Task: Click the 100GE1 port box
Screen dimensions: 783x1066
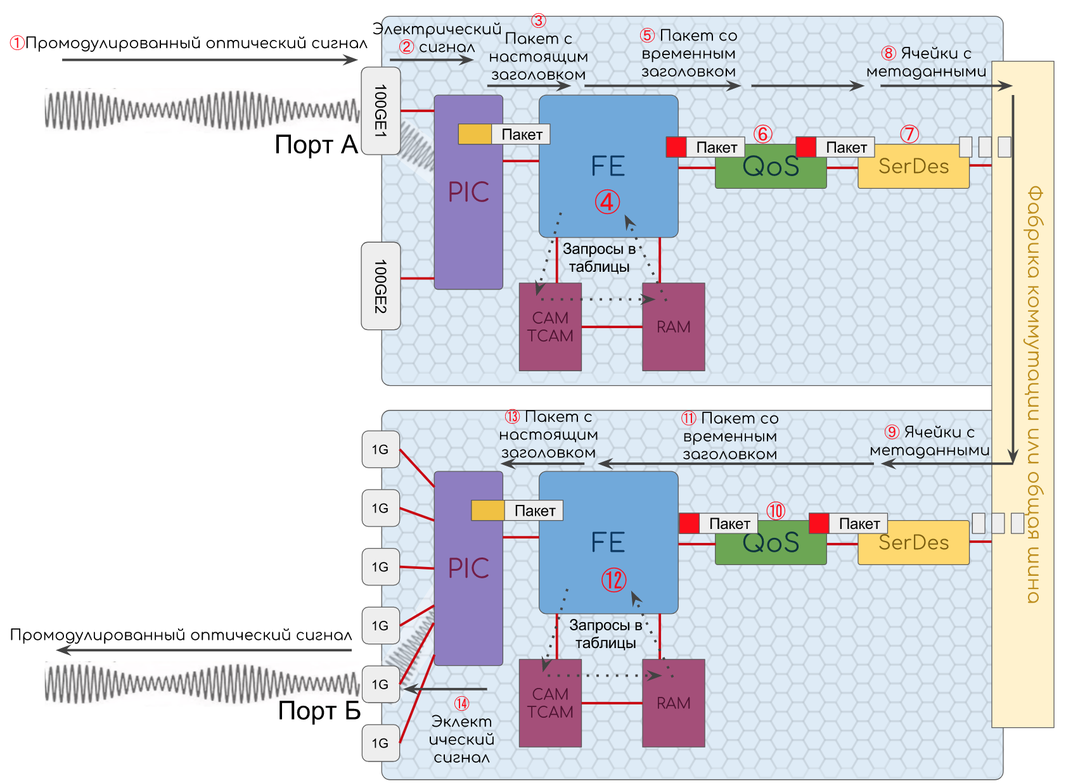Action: tap(380, 111)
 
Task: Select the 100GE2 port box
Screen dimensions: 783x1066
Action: tap(380, 286)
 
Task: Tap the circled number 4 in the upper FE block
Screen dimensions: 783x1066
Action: tap(607, 202)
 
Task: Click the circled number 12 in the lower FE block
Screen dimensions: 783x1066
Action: tap(613, 580)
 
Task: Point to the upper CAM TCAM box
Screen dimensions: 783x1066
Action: tap(550, 327)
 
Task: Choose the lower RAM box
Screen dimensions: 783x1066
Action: tap(673, 703)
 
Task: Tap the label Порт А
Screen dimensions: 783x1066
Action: tap(316, 145)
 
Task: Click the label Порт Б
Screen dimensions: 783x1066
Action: tap(319, 711)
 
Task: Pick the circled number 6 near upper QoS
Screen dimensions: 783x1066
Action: tap(763, 134)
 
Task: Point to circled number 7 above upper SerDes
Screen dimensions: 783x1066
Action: tap(909, 134)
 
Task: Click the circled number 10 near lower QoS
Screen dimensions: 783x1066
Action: tap(776, 511)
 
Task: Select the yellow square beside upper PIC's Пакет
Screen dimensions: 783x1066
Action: tap(475, 134)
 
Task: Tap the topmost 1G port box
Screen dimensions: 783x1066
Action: tap(380, 449)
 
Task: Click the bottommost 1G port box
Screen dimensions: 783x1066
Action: tap(380, 743)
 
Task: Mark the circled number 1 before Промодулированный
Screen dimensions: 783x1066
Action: tap(16, 43)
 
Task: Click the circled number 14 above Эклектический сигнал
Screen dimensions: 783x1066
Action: tap(461, 704)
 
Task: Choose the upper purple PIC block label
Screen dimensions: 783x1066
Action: tap(468, 192)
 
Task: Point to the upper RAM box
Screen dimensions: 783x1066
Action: tap(673, 327)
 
